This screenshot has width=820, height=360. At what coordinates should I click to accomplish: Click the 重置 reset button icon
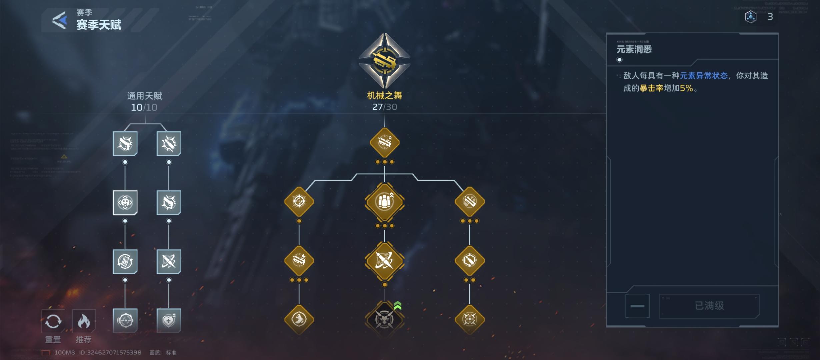(53, 321)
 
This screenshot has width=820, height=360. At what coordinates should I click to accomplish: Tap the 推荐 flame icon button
(84, 321)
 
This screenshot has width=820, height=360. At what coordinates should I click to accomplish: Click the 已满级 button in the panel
(709, 306)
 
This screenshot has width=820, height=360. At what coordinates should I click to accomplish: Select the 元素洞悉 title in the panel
(634, 50)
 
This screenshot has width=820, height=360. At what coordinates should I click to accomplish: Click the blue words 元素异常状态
(703, 76)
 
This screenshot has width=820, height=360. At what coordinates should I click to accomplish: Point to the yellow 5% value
(686, 88)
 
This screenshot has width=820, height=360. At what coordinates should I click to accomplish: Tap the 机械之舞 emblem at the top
(384, 61)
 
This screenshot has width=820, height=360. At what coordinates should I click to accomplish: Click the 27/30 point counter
(384, 107)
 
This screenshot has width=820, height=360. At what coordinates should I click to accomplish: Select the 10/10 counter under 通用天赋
(144, 107)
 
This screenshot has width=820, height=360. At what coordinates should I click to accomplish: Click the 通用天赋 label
(144, 96)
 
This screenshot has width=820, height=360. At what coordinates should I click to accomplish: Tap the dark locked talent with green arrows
(384, 319)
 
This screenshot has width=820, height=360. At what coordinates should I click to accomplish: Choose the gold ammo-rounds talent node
(384, 202)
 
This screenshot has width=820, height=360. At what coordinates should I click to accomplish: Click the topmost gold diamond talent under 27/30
(384, 142)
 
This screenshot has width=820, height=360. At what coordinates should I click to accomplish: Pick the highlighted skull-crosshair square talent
(125, 202)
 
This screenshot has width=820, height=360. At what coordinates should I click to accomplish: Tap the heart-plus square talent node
(169, 320)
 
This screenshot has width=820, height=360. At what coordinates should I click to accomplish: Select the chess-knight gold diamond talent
(299, 319)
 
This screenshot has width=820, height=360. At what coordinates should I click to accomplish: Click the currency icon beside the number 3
(750, 17)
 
